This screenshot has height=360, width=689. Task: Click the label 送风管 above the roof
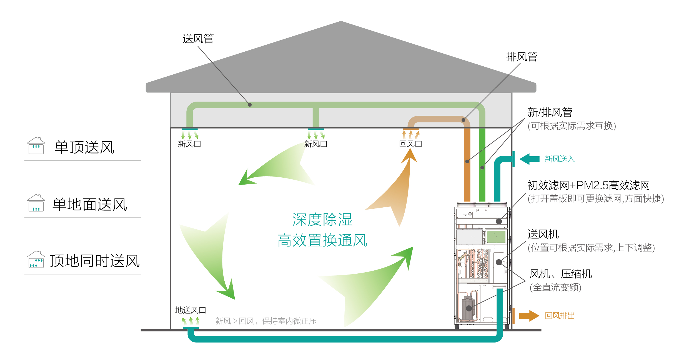pos(198,39)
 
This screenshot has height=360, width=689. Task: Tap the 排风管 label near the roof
pos(522,57)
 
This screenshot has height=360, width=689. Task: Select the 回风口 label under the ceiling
pos(410,144)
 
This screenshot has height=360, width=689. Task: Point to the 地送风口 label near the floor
pos(191,310)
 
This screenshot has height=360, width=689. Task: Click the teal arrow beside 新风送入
pos(529,159)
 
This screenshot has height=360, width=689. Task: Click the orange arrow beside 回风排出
pos(529,316)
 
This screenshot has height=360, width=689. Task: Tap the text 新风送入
pos(560,159)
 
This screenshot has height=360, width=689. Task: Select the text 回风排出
pos(560,316)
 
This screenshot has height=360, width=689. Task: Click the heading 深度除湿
pos(322,220)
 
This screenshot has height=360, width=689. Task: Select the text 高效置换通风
pos(322,240)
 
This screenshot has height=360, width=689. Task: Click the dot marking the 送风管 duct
pos(250,105)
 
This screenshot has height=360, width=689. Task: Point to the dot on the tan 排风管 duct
pos(463,120)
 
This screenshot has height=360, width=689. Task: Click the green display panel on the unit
pos(496,237)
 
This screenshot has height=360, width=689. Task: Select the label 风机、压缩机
pos(560,274)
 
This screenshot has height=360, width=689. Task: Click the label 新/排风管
pos(550,112)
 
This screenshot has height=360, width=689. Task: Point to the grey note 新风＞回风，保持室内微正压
pos(266,321)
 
